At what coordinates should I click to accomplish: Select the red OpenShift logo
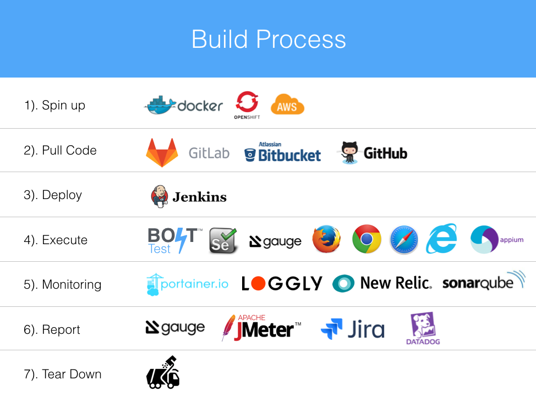pos(247,105)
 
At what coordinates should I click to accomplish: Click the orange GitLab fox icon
pos(162,152)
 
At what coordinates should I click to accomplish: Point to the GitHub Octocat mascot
pos(349,153)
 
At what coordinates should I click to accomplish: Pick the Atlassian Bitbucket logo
pos(283,152)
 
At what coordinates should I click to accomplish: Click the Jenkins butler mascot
pos(159,196)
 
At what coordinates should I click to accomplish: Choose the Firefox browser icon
pos(326,239)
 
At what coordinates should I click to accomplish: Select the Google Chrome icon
pos(367,239)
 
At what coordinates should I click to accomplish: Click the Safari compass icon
pos(404,240)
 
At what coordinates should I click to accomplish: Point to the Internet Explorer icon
pos(441,239)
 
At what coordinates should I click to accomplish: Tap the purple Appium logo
pos(497,239)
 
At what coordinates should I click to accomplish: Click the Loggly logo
pos(282,283)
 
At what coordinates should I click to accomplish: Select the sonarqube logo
pos(484,281)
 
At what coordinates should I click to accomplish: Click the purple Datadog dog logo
pos(423,328)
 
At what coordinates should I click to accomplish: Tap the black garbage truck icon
pos(163,372)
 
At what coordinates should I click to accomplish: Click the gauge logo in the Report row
pos(175,328)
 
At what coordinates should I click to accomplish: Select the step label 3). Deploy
pos(53,195)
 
